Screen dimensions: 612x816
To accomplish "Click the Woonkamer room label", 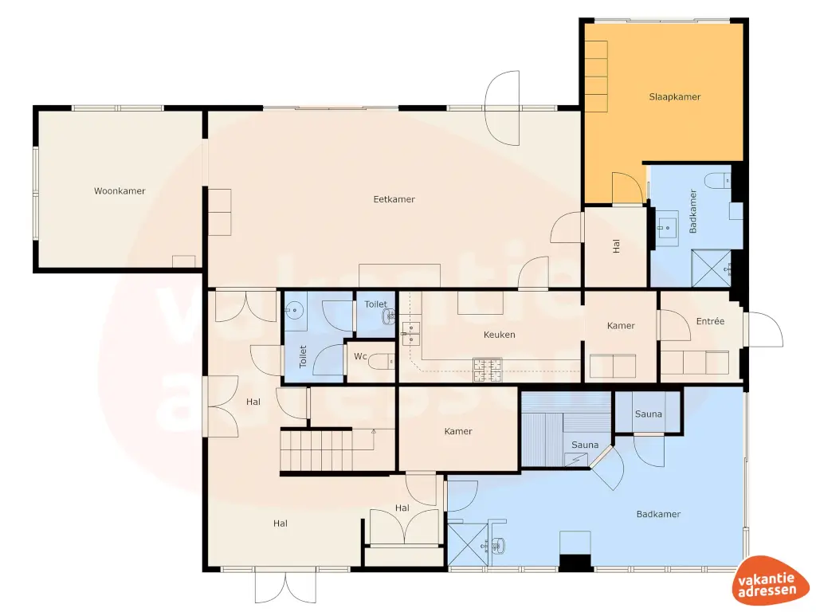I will tap(120, 191).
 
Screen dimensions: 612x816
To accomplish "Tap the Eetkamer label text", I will tap(394, 199).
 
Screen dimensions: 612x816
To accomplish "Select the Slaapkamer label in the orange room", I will tap(674, 96).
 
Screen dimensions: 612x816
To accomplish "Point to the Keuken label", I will tap(499, 335).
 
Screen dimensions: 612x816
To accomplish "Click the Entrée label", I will tap(710, 321).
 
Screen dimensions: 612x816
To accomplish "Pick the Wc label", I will tap(360, 356).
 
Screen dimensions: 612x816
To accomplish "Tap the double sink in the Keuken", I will tap(411, 332).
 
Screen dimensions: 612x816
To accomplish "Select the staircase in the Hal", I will tap(316, 449).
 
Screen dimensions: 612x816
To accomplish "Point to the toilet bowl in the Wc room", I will tap(385, 362).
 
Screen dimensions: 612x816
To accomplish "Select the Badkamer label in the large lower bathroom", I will tap(658, 514).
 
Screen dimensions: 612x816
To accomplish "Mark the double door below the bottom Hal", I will tap(285, 588).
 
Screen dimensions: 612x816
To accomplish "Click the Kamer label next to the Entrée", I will tap(621, 326).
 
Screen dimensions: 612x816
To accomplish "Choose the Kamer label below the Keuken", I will tap(458, 431).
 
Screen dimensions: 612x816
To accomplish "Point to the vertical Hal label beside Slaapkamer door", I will tap(616, 248).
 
